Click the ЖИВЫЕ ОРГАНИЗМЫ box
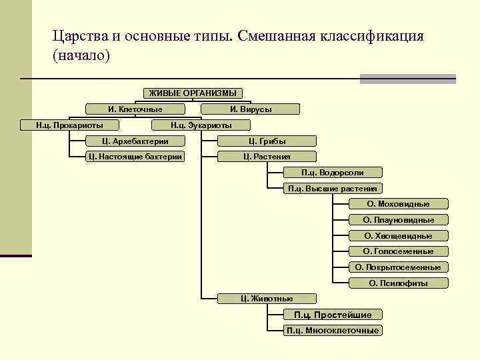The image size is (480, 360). [193, 93]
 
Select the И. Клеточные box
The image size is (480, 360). [135, 109]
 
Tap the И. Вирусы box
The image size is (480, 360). [251, 109]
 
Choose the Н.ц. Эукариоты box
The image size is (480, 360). [201, 125]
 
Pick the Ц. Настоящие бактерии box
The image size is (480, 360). [135, 157]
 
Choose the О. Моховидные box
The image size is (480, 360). [398, 204]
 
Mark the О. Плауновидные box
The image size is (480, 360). [398, 220]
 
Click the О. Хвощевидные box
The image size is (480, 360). [398, 236]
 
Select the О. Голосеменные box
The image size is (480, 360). [398, 251]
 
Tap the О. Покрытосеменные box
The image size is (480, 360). [398, 267]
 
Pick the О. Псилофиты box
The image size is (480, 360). [398, 283]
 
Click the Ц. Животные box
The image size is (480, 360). [267, 299]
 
